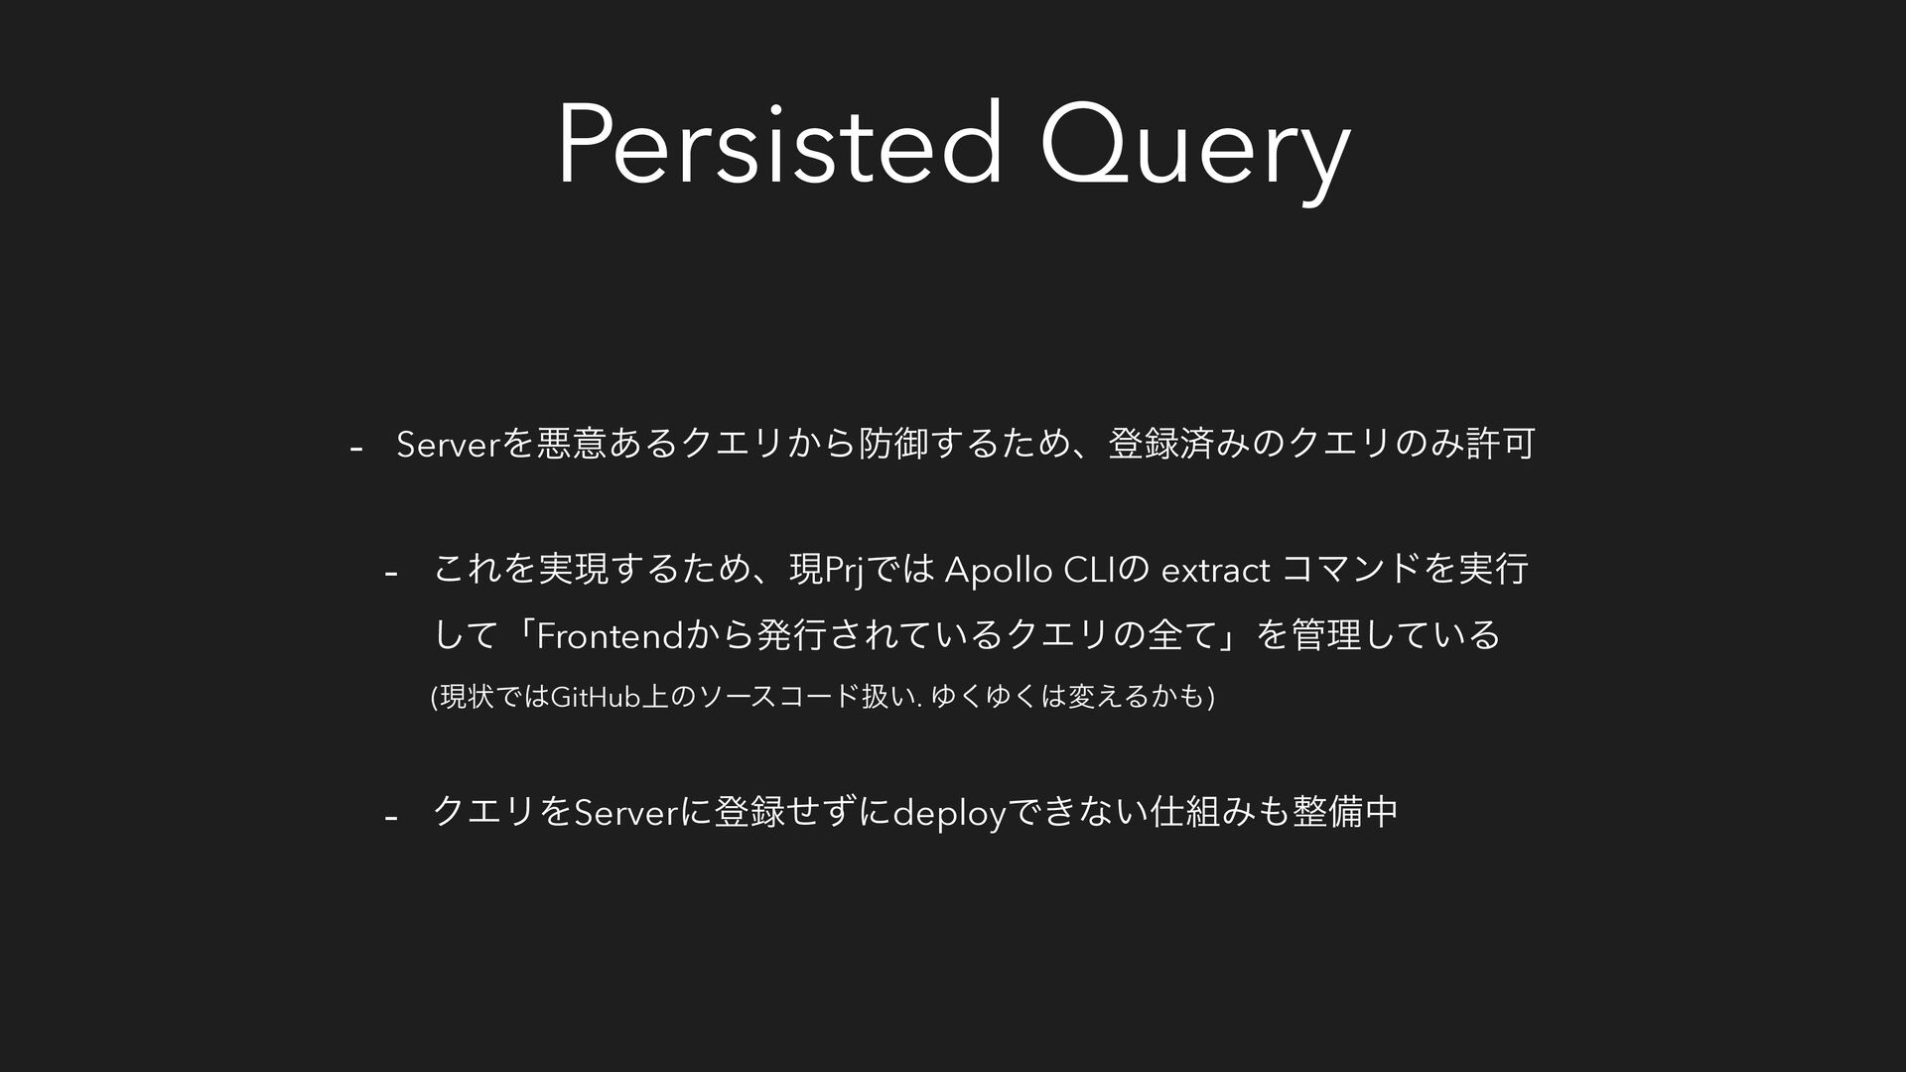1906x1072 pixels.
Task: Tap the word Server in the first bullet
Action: click(450, 447)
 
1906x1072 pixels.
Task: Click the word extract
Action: click(1215, 573)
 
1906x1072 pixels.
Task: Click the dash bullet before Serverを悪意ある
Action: click(355, 450)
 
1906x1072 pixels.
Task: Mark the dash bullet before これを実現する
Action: click(391, 575)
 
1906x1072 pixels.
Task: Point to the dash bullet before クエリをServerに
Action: click(391, 817)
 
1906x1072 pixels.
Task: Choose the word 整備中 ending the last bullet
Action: click(1345, 812)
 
